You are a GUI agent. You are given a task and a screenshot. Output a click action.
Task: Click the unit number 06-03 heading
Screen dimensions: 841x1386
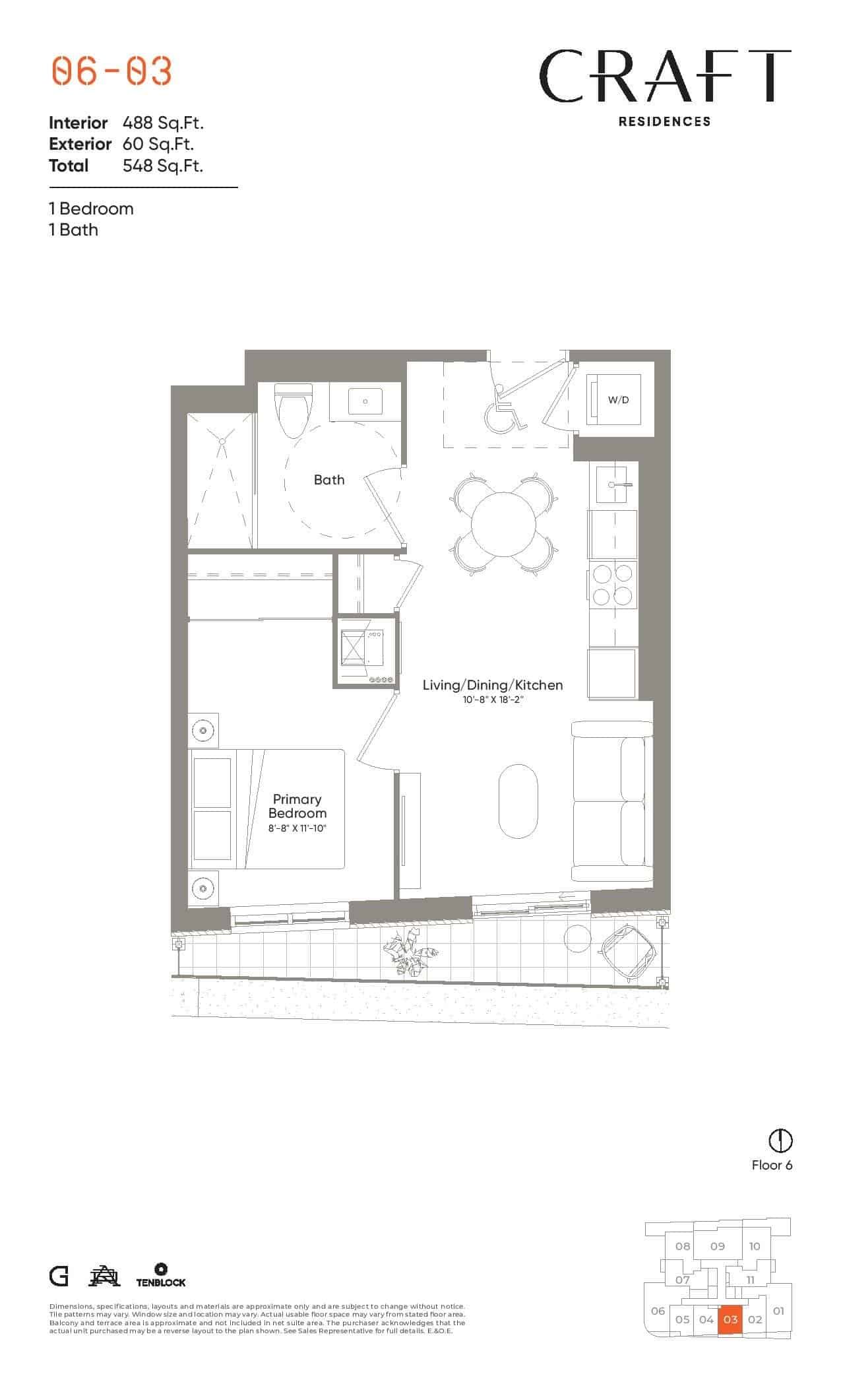point(111,71)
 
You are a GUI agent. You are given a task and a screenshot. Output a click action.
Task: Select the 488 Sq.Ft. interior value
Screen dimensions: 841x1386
point(163,123)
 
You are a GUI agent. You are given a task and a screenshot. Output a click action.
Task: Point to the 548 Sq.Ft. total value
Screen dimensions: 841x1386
point(163,165)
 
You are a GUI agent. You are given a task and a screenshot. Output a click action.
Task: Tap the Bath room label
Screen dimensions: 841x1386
point(329,480)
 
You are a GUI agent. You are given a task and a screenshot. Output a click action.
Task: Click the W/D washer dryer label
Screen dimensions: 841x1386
point(618,400)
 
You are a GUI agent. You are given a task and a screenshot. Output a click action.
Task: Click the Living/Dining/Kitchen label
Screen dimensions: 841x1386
point(493,685)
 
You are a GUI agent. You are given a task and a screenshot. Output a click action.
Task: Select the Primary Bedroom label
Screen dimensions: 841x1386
point(297,807)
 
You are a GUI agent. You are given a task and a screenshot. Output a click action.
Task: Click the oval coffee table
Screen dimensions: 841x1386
point(518,801)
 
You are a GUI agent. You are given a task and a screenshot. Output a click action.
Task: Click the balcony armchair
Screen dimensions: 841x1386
point(627,951)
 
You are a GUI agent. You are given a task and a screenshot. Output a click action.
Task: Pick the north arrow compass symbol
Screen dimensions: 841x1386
point(781,1140)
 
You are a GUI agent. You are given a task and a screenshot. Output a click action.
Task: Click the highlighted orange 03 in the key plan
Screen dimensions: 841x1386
point(730,1320)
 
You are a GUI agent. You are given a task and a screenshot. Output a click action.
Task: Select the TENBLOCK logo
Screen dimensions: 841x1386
point(161,1274)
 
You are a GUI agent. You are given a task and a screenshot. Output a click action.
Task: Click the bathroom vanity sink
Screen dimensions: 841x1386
point(365,400)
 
